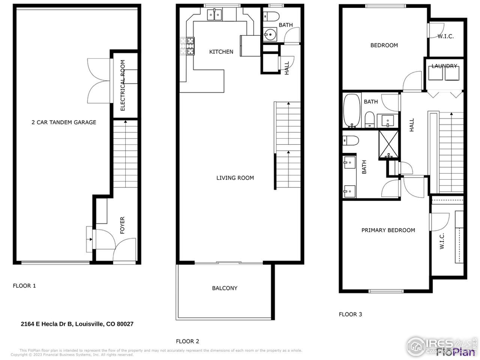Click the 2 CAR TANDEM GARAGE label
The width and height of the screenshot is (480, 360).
[x=64, y=122]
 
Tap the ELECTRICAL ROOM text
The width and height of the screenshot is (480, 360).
[x=122, y=85]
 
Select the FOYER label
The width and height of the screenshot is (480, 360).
[x=122, y=225]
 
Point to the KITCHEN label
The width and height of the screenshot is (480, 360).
[x=221, y=52]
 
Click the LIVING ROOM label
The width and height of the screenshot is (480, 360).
[x=235, y=178]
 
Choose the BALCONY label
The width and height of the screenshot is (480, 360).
[x=225, y=288]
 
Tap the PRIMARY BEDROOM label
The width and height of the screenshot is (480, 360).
[x=388, y=230]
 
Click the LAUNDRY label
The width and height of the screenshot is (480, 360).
[x=444, y=66]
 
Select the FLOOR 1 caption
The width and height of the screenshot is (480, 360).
[x=24, y=286]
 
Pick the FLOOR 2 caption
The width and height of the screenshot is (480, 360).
[x=187, y=341]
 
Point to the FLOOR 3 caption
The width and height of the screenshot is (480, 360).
[x=350, y=314]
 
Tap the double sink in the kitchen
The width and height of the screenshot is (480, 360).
[x=214, y=15]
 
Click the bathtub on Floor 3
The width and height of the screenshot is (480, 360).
[x=352, y=111]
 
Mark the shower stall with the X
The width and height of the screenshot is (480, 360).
[x=389, y=144]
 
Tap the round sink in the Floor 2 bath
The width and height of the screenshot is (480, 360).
[x=269, y=35]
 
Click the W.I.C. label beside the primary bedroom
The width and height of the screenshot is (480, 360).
[x=442, y=241]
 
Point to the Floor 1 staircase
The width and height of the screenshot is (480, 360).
[x=125, y=154]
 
